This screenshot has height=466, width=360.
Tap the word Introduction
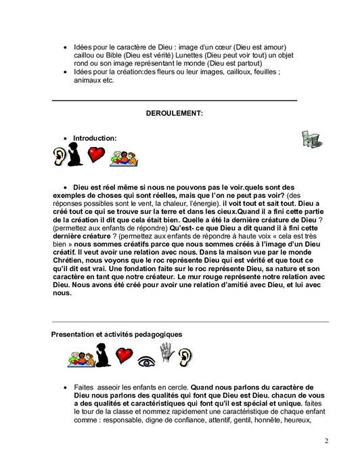click(x=95, y=137)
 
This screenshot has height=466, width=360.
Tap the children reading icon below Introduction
click(x=124, y=158)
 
